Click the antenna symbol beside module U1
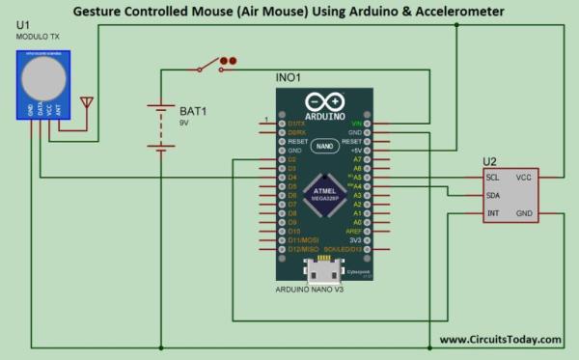[87, 101]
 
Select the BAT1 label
[193, 110]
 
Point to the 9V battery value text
[184, 124]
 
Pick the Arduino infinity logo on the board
[324, 101]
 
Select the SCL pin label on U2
[492, 178]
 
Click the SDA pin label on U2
[493, 195]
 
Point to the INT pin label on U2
[492, 212]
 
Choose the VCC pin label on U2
[524, 178]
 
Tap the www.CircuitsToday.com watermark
[500, 339]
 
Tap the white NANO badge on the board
[324, 146]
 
